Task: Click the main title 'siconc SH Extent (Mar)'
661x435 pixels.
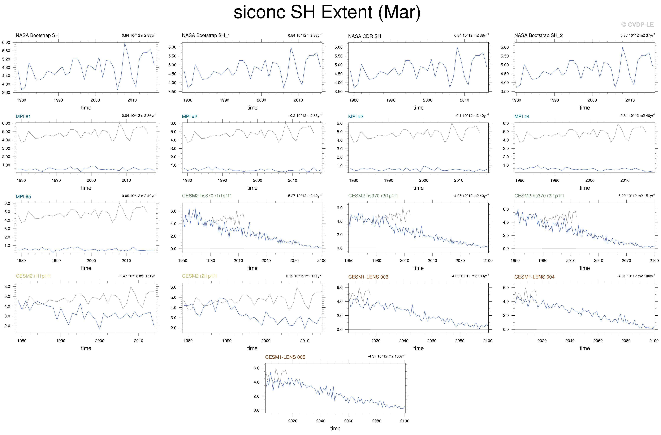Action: coord(327,13)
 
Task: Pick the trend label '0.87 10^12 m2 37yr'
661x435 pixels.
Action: coord(637,35)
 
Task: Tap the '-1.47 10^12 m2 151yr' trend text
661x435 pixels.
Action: coord(137,276)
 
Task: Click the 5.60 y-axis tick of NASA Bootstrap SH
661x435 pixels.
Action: coord(6,51)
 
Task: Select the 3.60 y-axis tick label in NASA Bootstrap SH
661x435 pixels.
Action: coord(6,93)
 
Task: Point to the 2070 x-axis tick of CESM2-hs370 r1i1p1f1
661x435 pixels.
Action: coord(294,261)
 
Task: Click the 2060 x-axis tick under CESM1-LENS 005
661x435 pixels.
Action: coord(349,421)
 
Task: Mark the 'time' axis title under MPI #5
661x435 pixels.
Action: coord(86,268)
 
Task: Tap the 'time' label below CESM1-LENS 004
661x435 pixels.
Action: coord(585,348)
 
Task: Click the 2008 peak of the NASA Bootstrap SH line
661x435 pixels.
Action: coord(125,43)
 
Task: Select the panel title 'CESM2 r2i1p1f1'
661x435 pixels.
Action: coord(199,276)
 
